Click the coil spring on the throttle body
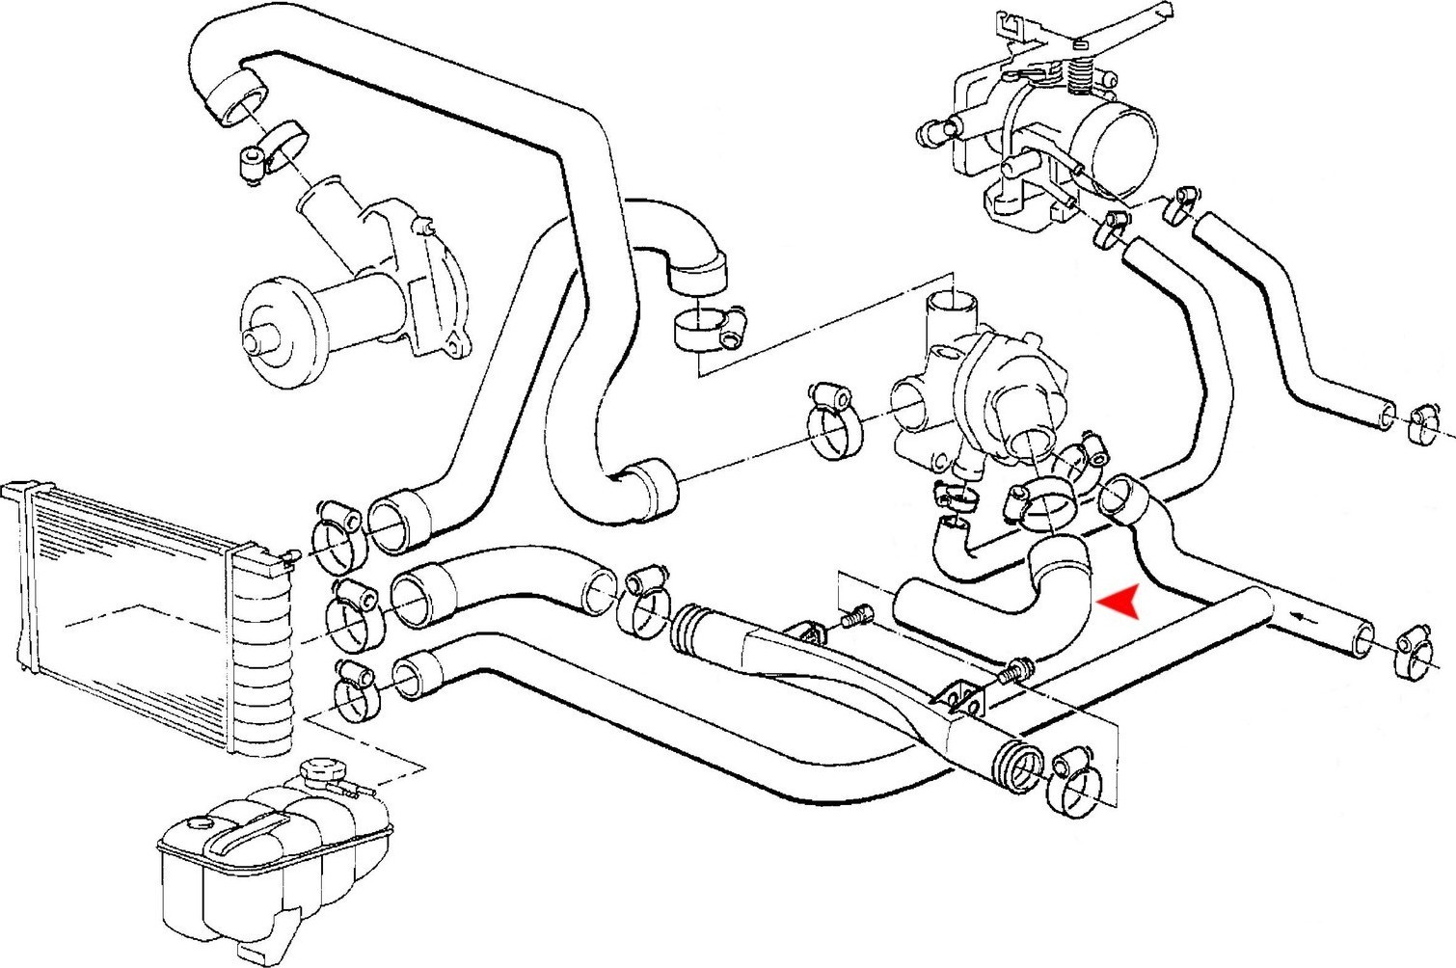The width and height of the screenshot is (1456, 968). point(1080,72)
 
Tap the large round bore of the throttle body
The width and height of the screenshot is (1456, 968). point(1123,134)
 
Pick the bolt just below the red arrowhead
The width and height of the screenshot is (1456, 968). point(1016,669)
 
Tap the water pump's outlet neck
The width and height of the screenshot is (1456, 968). point(328,217)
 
